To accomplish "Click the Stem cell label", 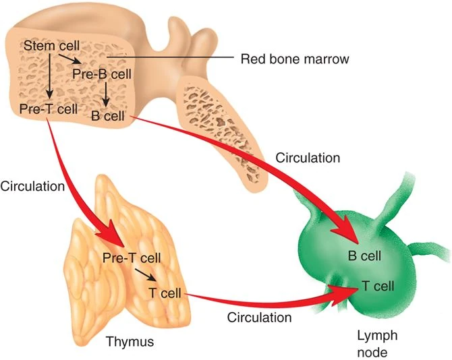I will [x=52, y=46].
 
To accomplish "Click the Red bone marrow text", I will [x=295, y=59].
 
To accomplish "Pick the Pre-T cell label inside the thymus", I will [x=132, y=258].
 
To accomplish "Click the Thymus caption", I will [x=130, y=342].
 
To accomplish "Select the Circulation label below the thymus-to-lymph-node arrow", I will [x=259, y=316].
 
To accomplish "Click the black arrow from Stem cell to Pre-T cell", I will [x=49, y=76].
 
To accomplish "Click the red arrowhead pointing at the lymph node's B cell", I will [x=346, y=233].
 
